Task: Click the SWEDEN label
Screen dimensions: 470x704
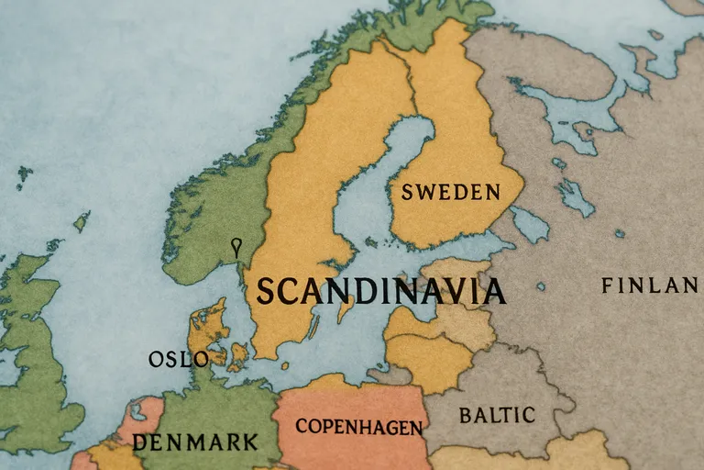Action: (451, 193)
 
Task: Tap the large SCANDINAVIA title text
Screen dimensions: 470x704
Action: (380, 291)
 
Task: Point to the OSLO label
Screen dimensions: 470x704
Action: (179, 359)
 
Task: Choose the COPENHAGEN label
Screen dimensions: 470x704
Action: (359, 428)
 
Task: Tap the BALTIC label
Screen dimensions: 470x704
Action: (497, 415)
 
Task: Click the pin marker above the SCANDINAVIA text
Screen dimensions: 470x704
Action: (236, 246)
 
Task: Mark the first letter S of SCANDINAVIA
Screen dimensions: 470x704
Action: (266, 292)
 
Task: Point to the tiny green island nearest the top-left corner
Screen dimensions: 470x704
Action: (24, 173)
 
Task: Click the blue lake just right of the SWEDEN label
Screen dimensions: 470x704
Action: (530, 223)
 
